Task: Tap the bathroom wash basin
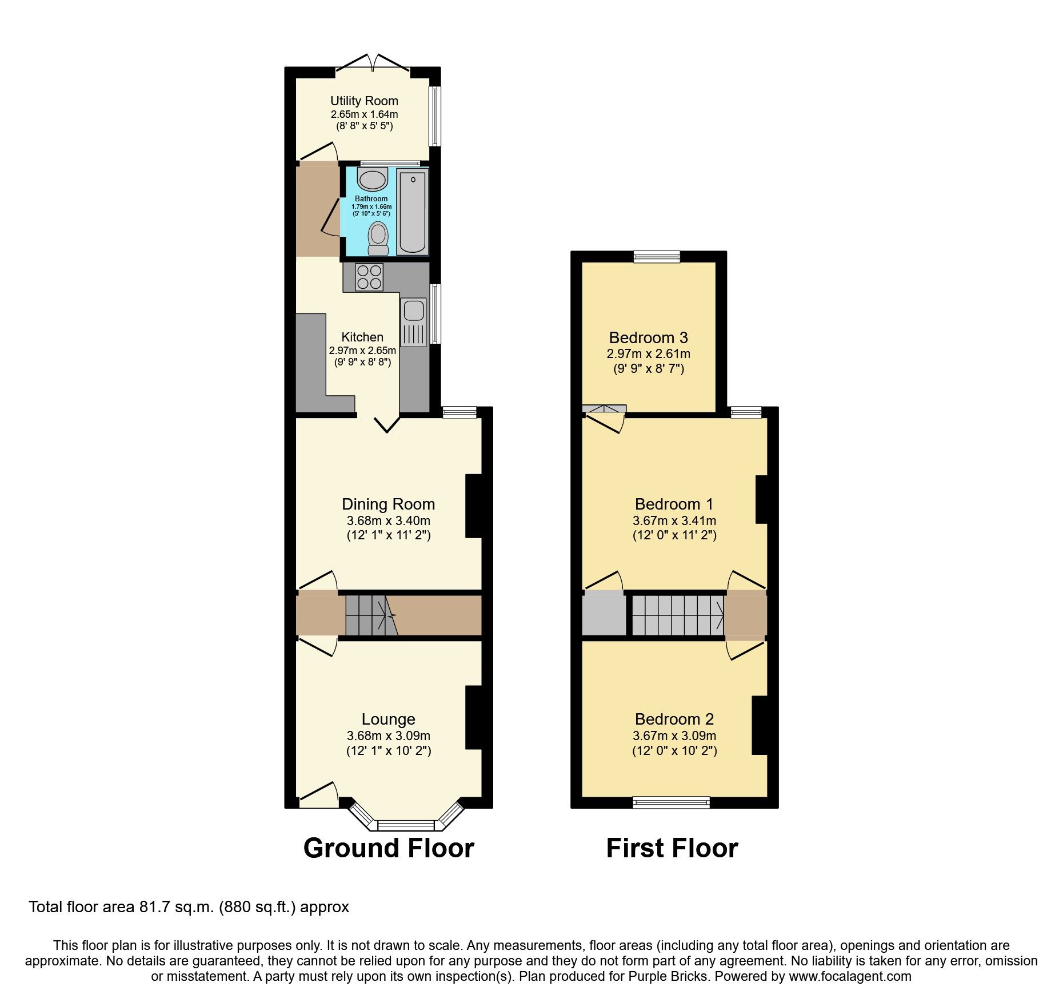pyautogui.click(x=372, y=179)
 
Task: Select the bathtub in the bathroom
pyautogui.click(x=412, y=212)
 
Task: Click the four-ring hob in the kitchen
pyautogui.click(x=369, y=277)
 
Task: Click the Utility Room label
pyautogui.click(x=364, y=101)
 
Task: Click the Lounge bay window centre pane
pyautogui.click(x=406, y=825)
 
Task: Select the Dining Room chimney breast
pyautogui.click(x=474, y=506)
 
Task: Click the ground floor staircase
pyautogui.click(x=371, y=615)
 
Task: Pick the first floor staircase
pyautogui.click(x=678, y=615)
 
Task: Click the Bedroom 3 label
pyautogui.click(x=648, y=338)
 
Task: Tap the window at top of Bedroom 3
pyautogui.click(x=657, y=257)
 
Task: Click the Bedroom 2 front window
pyautogui.click(x=671, y=802)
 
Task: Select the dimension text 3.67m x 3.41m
pyautogui.click(x=674, y=521)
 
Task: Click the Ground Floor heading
pyautogui.click(x=389, y=848)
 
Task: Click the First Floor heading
pyautogui.click(x=672, y=848)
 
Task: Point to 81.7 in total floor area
pyautogui.click(x=153, y=907)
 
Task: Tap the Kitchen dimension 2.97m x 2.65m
pyautogui.click(x=362, y=351)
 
